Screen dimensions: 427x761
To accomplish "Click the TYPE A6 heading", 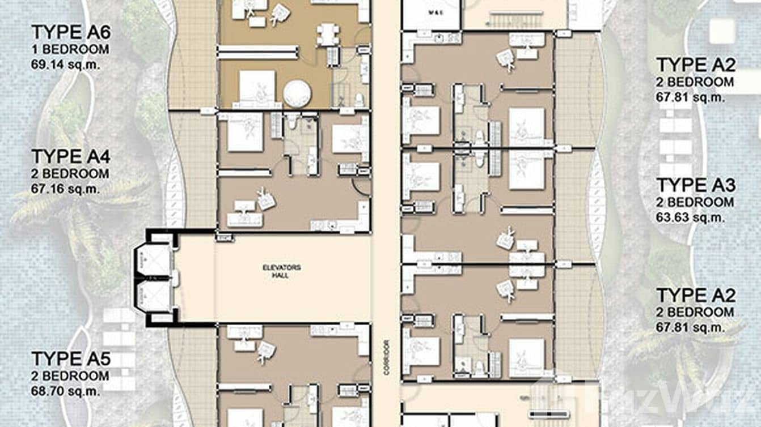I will pos(71,32).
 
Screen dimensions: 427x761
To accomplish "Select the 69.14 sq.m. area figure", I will pos(65,64).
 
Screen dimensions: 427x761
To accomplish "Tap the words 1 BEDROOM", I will pos(70,49).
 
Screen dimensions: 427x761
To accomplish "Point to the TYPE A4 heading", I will pos(71,157).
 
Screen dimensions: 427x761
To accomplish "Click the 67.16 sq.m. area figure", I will pos(65,189).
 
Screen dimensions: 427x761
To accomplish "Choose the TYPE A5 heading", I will pos(71,359).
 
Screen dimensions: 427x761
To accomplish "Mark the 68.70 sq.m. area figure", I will pos(65,391).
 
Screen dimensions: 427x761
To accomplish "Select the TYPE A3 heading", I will pos(696,186).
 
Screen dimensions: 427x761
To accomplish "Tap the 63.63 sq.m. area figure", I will pos(690,217).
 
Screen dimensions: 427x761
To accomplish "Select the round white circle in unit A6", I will pos(297,93).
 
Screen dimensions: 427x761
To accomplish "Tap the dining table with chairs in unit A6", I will pos(328,33).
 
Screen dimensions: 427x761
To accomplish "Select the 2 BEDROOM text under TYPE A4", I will pos(70,174).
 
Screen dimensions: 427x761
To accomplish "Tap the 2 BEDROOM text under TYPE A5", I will pos(70,376).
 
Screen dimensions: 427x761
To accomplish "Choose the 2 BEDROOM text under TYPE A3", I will pos(695,202).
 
